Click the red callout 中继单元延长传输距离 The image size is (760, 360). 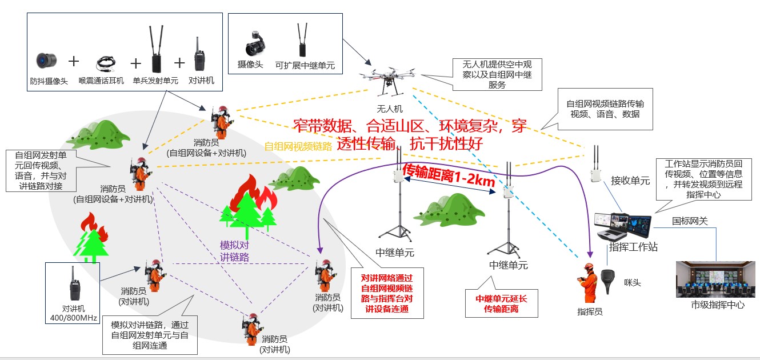click(x=502, y=303)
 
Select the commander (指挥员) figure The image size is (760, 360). click(x=588, y=282)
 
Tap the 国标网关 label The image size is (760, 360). click(x=690, y=221)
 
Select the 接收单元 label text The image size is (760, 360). click(x=630, y=181)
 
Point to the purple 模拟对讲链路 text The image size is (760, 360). click(x=235, y=251)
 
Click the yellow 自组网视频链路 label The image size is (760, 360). click(x=298, y=146)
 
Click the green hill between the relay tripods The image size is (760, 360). click(x=451, y=208)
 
